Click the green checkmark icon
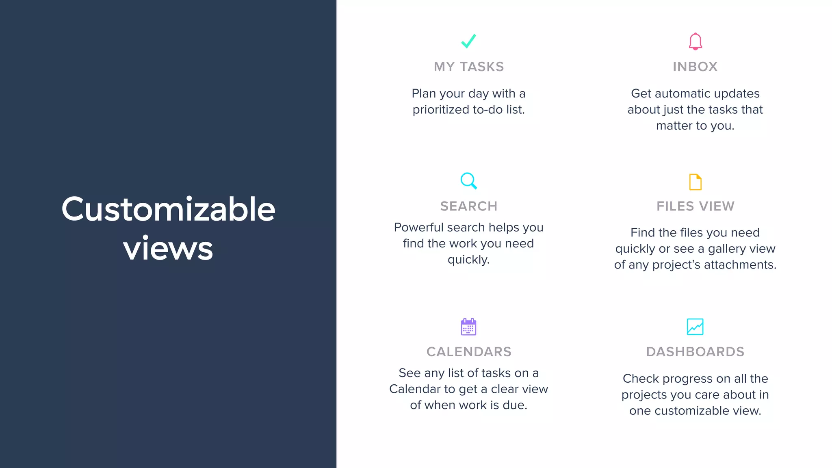tap(468, 41)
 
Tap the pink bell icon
tap(695, 41)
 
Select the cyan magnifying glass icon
tap(468, 181)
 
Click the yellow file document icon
tap(695, 182)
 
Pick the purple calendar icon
tap(468, 327)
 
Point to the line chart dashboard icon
tap(695, 327)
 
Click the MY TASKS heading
tap(469, 67)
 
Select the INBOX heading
tap(695, 67)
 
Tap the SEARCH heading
tap(469, 206)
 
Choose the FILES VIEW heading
tap(695, 206)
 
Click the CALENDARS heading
tap(469, 352)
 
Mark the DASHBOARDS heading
tap(695, 352)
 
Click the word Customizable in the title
tap(168, 209)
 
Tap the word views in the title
tap(168, 249)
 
